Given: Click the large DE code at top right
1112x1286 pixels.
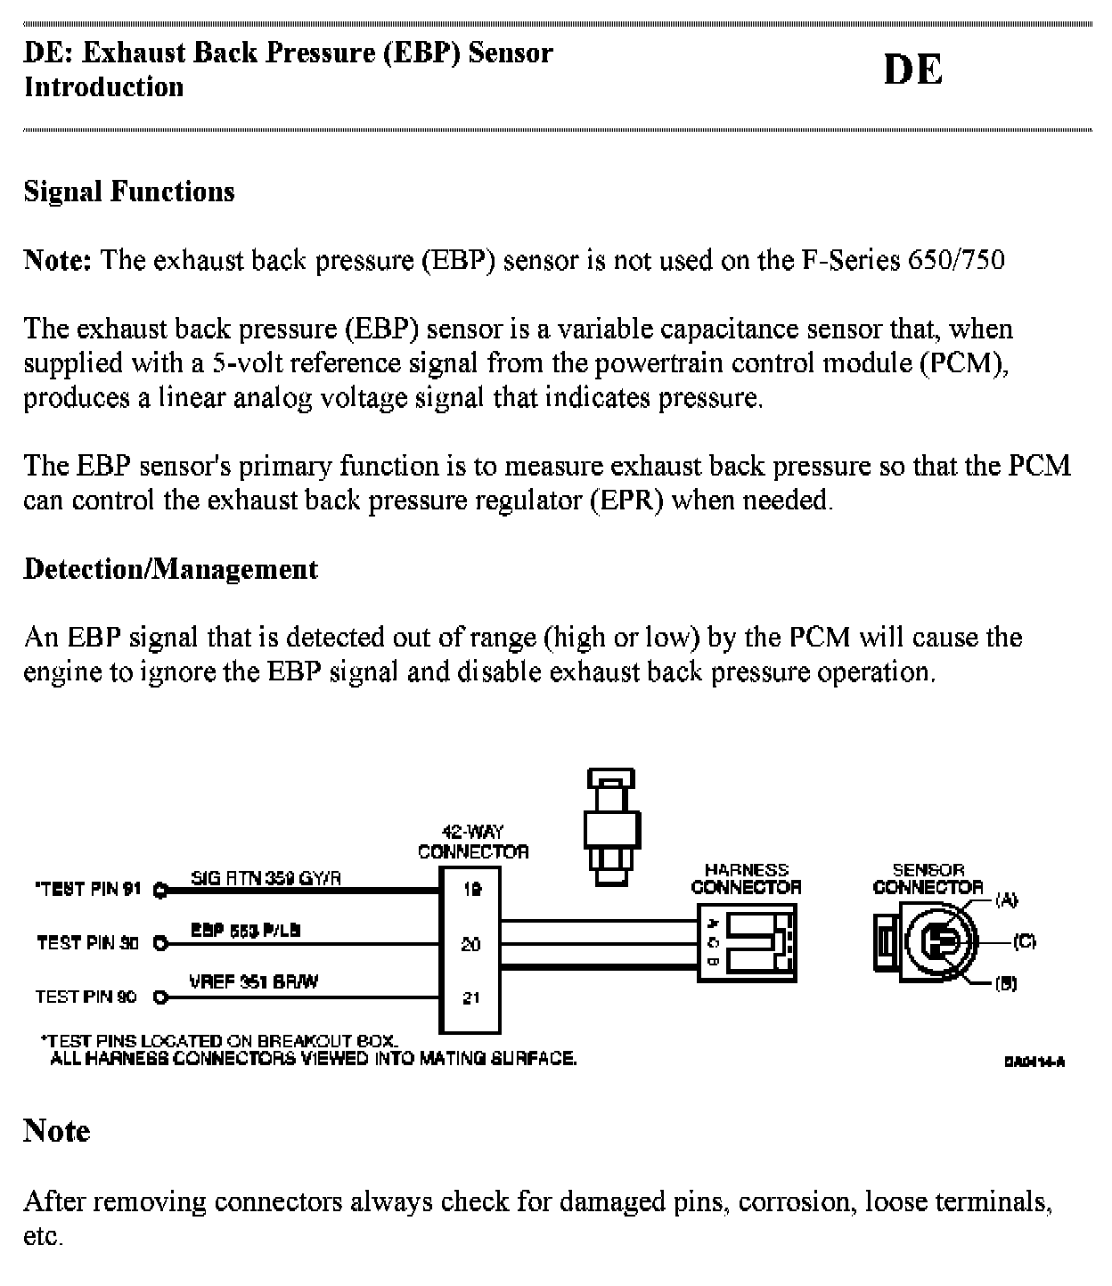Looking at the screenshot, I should (912, 69).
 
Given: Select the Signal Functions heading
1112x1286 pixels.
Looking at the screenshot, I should (129, 191).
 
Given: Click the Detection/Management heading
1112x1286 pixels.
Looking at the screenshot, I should (170, 569).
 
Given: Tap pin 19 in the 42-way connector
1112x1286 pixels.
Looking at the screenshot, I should (471, 889).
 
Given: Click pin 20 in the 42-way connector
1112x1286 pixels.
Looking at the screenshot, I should (471, 944).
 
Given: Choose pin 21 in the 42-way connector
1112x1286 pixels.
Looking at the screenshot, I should (471, 998).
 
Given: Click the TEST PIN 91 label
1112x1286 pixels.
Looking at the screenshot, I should (88, 889).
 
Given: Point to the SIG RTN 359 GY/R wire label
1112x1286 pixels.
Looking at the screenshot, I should (266, 878).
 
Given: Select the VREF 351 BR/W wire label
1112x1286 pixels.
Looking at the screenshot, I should (254, 982).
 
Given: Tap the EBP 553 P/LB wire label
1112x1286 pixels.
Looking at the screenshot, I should (245, 930).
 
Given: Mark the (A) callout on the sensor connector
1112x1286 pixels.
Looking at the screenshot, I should (1006, 900).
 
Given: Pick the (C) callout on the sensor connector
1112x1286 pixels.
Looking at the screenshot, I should (1024, 941).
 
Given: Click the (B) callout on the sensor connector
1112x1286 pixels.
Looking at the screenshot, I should (1006, 984).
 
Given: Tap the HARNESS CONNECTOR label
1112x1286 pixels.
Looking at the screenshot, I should (746, 879).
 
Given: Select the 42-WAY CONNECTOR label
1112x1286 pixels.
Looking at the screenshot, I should (473, 842).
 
